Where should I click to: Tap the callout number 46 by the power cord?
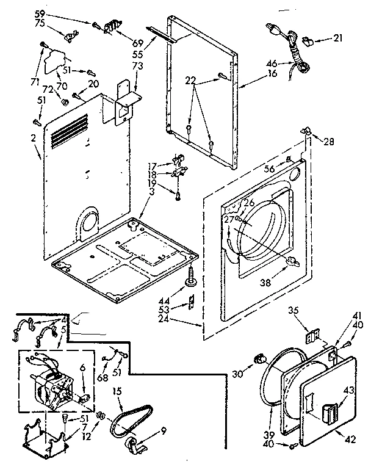point(272,62)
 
